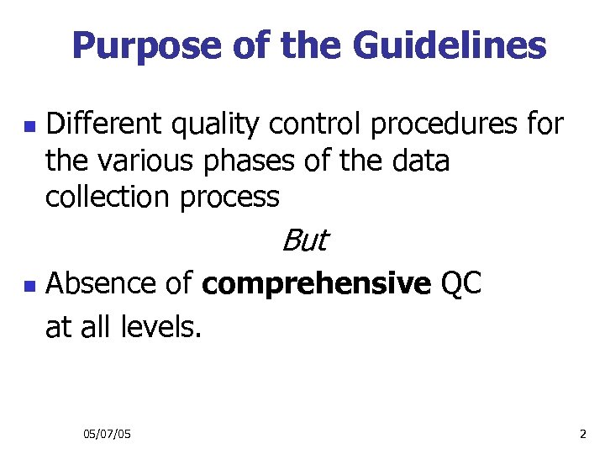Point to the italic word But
click(x=303, y=241)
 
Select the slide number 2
click(x=582, y=433)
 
